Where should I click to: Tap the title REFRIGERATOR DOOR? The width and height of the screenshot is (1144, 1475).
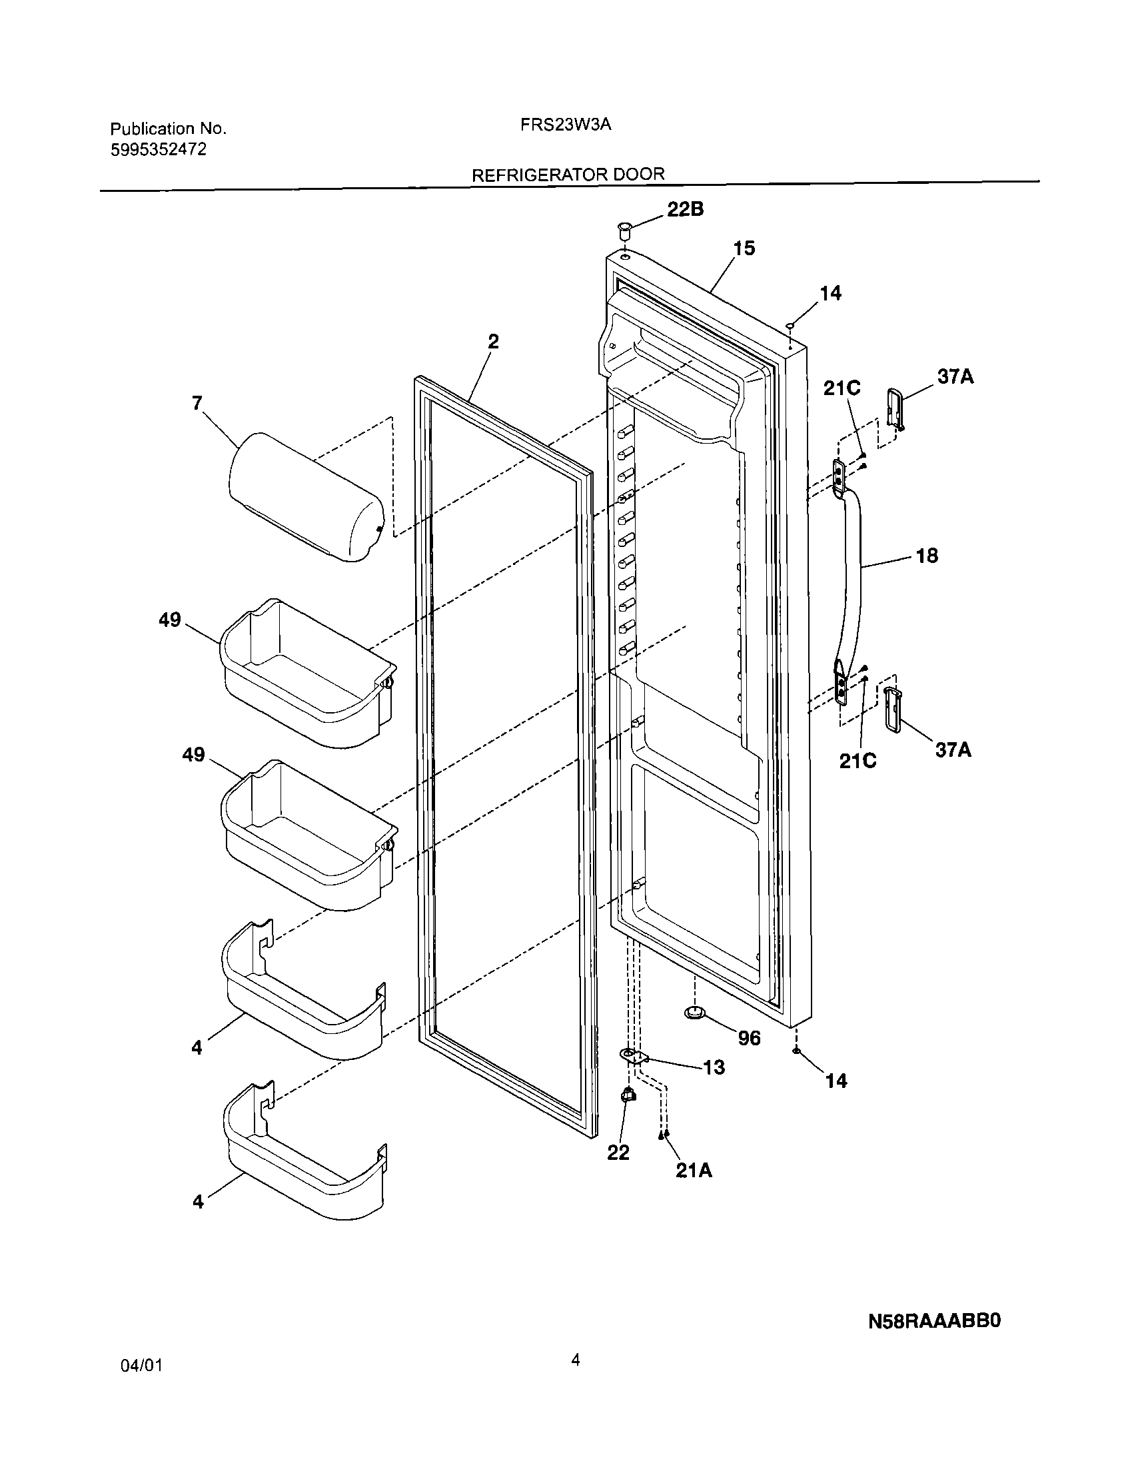tap(567, 175)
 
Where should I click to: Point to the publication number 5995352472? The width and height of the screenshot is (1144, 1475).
tap(158, 149)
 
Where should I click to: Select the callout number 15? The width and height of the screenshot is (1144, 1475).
tap(744, 248)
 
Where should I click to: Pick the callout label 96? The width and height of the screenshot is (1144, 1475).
tap(749, 1038)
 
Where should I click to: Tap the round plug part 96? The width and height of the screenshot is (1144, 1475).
tap(694, 1030)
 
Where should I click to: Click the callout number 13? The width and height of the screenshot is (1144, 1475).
tap(714, 1067)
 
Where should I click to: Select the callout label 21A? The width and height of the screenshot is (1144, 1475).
tap(694, 1171)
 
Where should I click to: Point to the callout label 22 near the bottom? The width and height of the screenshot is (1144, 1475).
tap(618, 1152)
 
